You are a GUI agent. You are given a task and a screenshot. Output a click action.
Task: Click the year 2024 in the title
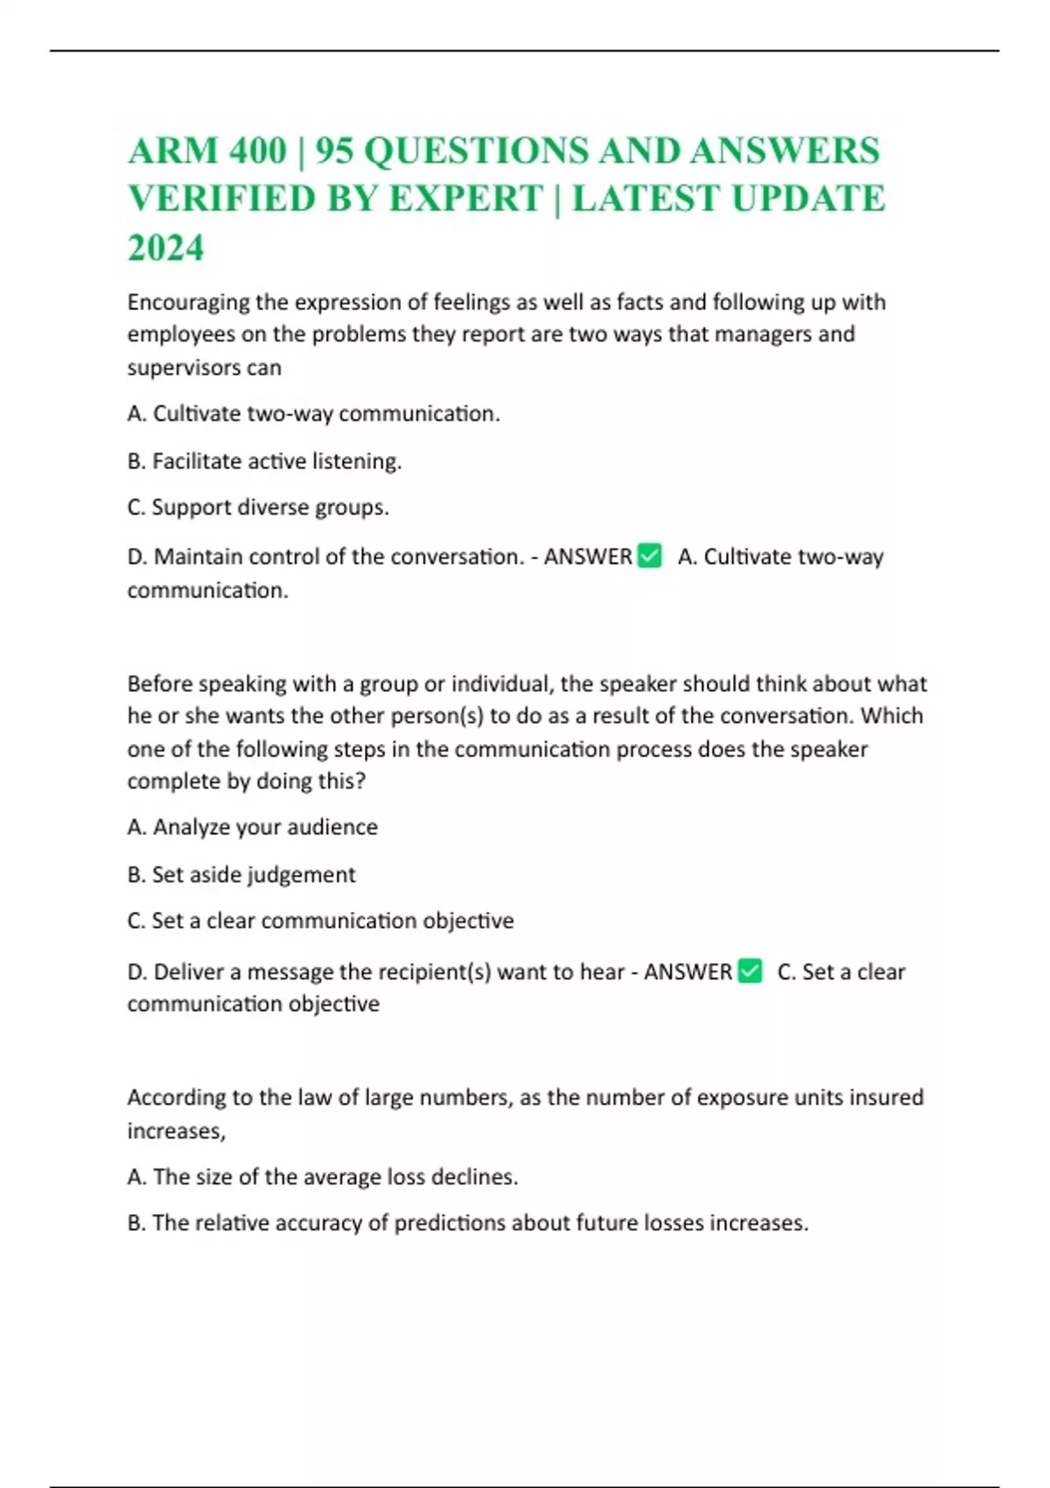165,248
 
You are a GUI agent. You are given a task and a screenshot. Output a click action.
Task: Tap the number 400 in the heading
257,151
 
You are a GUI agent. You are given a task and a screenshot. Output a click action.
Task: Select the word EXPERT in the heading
465,199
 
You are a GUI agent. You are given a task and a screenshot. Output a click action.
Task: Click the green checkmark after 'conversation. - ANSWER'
649,556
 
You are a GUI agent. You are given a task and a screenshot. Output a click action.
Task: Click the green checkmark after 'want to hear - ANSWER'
750,971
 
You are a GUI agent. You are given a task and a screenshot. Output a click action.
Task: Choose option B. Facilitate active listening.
264,461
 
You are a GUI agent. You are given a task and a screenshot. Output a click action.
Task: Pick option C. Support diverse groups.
258,508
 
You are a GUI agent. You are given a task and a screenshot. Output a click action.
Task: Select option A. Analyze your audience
252,827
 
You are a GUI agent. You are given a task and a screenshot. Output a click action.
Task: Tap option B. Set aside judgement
241,874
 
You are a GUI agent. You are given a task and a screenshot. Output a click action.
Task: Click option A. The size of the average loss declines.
322,1177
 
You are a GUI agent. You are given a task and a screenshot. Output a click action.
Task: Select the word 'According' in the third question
177,1098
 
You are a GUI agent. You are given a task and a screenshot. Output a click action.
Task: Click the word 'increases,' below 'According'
176,1131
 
